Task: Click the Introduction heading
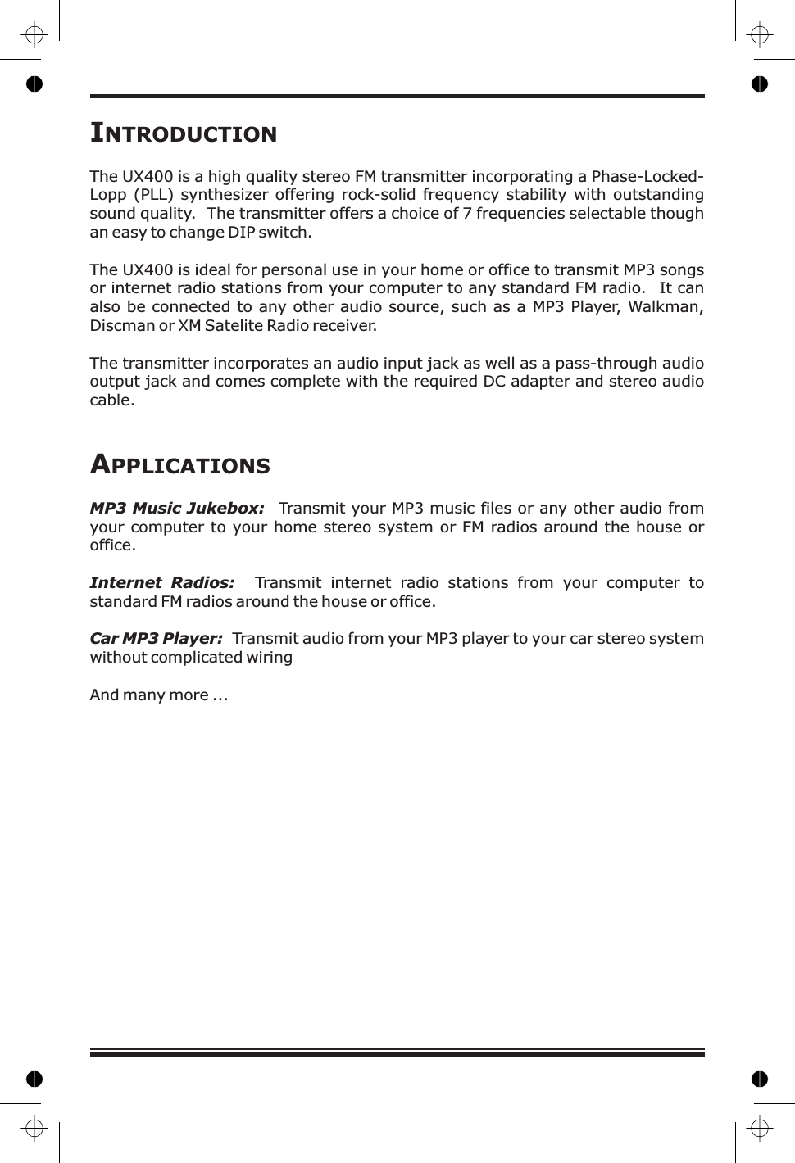[x=184, y=133]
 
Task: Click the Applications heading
[x=180, y=464]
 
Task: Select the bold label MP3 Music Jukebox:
[x=177, y=509]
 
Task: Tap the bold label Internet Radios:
[x=162, y=583]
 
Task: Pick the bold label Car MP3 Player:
[x=156, y=639]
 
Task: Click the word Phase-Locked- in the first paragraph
[x=647, y=177]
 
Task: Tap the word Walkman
[x=666, y=307]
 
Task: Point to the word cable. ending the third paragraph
[x=111, y=400]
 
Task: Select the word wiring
[x=270, y=658]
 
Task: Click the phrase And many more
[x=149, y=695]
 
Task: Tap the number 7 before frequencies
[x=467, y=214]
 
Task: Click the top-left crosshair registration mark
[x=34, y=35]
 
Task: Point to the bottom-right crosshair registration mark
[x=760, y=1129]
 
